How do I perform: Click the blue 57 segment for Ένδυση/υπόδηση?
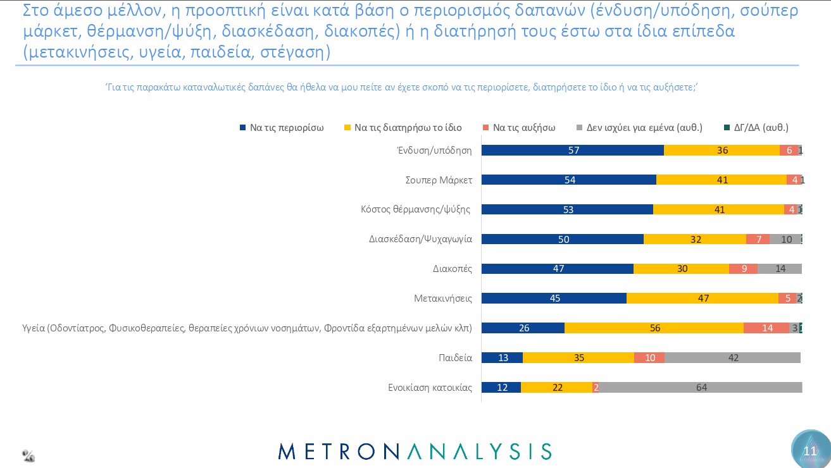coord(573,150)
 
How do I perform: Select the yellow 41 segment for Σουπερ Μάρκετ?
coord(722,180)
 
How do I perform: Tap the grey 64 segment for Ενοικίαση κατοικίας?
coord(701,388)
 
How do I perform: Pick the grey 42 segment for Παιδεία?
coord(732,357)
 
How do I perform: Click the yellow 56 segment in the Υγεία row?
coord(654,328)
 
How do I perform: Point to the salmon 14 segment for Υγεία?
coord(766,328)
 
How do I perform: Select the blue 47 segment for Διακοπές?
coord(558,268)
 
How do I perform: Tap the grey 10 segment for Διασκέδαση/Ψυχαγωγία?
coord(785,239)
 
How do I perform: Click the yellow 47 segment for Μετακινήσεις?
coord(703,298)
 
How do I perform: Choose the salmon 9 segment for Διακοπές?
coord(743,268)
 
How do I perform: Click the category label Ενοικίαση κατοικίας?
coord(430,388)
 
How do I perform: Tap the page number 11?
coord(810,451)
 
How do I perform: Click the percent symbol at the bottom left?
coord(28,455)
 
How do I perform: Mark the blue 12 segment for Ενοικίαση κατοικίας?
coord(501,388)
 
